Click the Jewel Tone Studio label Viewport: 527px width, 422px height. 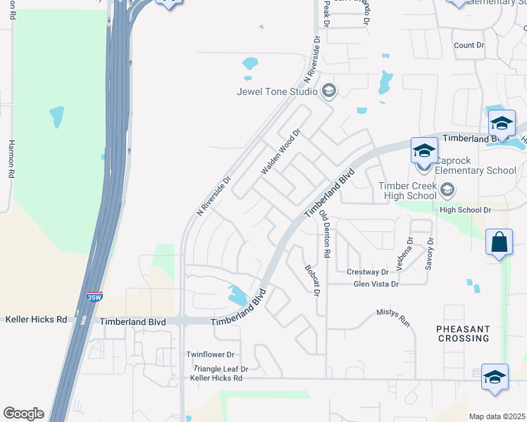tap(278, 91)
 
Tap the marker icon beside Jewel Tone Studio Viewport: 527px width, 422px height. tap(328, 91)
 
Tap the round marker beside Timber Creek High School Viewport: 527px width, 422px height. tap(447, 189)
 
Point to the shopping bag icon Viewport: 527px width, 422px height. tap(499, 242)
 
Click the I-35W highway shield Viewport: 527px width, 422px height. tap(94, 297)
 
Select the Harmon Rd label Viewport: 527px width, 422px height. tap(11, 158)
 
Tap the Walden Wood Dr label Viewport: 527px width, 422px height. tap(280, 151)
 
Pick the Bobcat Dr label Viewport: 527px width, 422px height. tap(312, 280)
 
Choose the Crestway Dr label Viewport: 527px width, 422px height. tap(368, 271)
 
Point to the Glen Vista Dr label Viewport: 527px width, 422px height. tap(376, 284)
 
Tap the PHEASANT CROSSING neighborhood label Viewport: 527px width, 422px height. tap(462, 333)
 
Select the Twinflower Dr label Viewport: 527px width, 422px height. tap(210, 355)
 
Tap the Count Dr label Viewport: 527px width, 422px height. tap(469, 45)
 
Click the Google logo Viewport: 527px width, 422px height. tap(23, 414)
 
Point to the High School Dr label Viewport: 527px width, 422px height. tap(465, 210)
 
